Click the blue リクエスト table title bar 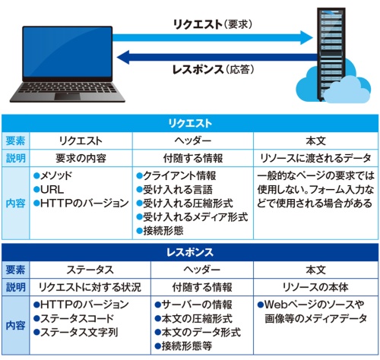click(189, 122)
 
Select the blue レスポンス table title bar click(189, 251)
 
